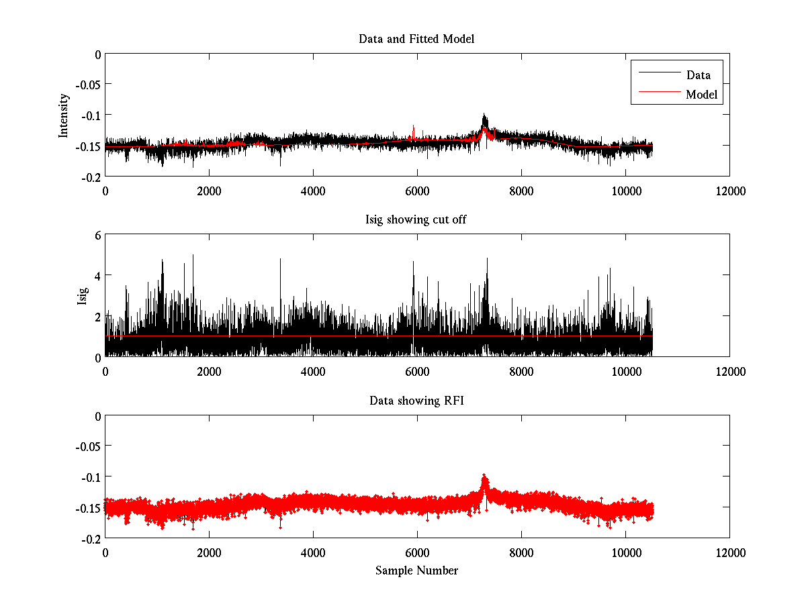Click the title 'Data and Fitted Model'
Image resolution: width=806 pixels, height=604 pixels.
(416, 39)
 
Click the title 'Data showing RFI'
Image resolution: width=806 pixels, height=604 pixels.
(416, 401)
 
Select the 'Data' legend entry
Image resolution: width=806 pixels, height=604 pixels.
(698, 74)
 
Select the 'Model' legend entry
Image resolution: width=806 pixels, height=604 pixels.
(701, 95)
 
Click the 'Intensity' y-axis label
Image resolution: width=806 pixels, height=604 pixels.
(64, 115)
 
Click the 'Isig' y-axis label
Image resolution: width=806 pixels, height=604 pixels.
(83, 295)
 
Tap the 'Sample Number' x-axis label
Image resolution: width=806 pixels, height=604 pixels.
(416, 570)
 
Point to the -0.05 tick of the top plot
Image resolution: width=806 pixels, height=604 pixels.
(87, 85)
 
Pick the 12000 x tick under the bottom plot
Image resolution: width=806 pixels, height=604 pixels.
(729, 552)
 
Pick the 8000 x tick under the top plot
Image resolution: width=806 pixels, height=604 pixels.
(521, 191)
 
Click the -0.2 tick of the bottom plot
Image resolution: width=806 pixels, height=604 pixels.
(90, 538)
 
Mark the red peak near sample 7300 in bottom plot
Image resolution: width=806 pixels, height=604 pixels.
(484, 476)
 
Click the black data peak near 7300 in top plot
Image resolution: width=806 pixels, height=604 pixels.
(484, 115)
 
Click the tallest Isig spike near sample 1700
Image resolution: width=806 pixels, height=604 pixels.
(193, 256)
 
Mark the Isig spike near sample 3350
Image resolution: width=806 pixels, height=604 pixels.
(280, 260)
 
